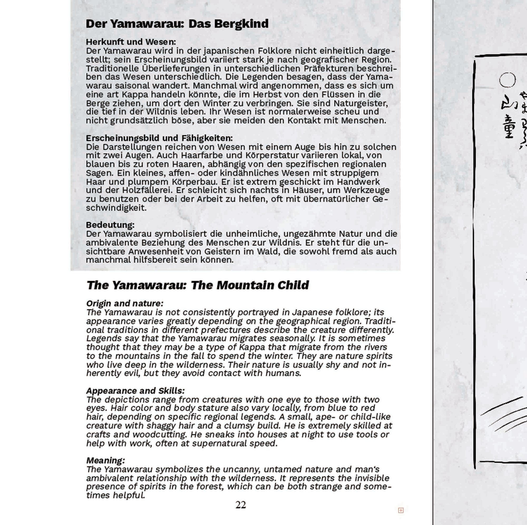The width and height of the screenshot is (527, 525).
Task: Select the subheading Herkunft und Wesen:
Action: point(131,42)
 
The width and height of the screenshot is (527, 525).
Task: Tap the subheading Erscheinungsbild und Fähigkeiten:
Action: point(159,138)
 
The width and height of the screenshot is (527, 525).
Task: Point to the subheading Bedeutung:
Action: point(110,225)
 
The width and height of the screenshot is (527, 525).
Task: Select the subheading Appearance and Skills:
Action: point(135,391)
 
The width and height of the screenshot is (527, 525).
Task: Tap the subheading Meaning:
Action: point(106,461)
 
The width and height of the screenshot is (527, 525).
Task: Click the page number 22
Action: point(241,505)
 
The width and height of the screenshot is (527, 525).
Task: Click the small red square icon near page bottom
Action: point(401,510)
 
